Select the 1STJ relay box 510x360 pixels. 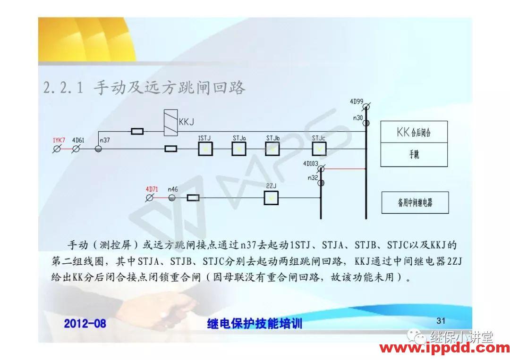point(205,149)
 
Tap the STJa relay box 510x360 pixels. point(239,149)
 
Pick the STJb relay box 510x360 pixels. point(272,149)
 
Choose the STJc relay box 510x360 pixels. point(319,149)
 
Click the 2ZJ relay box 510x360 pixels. point(271,198)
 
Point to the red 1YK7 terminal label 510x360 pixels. point(59,140)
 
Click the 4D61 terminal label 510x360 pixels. point(78,140)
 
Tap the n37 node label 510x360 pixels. point(105,140)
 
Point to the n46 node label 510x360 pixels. point(173,189)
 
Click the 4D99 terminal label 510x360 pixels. point(357,101)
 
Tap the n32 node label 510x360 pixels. point(312,178)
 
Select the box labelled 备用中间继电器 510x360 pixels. point(415,203)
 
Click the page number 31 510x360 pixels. point(441,321)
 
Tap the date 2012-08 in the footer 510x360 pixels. point(85,324)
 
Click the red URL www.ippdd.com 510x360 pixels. point(444,349)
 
